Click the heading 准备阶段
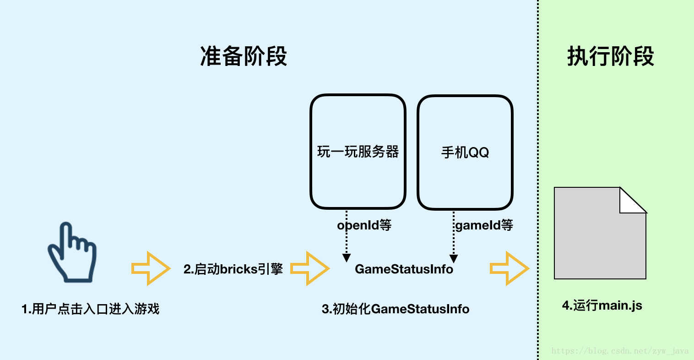click(244, 57)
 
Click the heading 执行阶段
click(611, 57)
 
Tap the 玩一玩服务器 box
click(358, 152)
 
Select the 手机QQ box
click(465, 152)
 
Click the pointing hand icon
click(73, 251)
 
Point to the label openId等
click(364, 225)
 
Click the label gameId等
click(484, 225)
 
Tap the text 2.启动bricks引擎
click(233, 269)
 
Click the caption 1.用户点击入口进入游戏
click(91, 309)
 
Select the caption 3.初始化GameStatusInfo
click(396, 309)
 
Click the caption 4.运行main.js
click(602, 305)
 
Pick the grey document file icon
click(595, 238)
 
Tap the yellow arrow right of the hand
click(151, 268)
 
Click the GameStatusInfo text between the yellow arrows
click(404, 269)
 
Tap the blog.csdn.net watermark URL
click(620, 351)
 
